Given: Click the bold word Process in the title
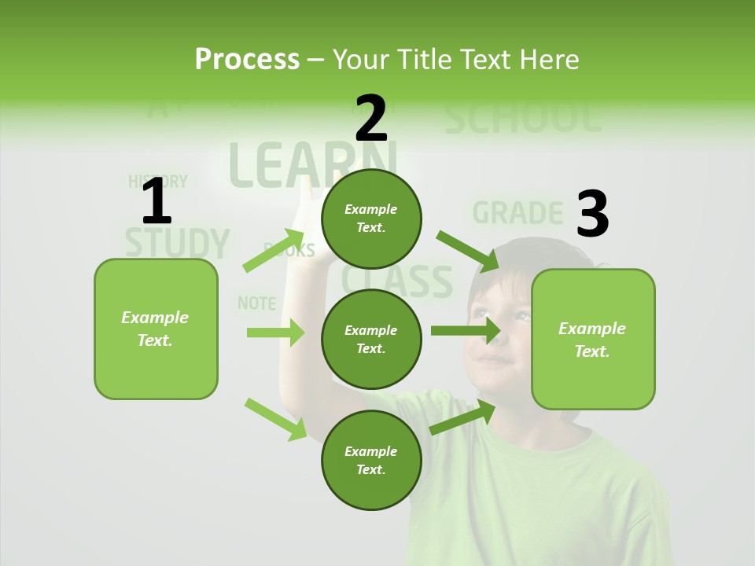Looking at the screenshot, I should pyautogui.click(x=247, y=59).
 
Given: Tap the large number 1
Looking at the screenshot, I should pyautogui.click(x=157, y=202).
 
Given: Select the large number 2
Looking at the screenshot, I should pyautogui.click(x=371, y=118).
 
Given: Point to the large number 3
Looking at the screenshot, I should pyautogui.click(x=592, y=214).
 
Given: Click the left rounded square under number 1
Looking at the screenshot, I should pyautogui.click(x=156, y=329).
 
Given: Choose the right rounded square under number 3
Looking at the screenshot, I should pyautogui.click(x=593, y=339).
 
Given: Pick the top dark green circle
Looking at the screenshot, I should pyautogui.click(x=371, y=219).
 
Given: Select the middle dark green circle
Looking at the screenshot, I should pyautogui.click(x=371, y=339).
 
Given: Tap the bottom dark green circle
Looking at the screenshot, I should pyautogui.click(x=371, y=460).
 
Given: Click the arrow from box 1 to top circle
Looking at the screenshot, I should pyautogui.click(x=274, y=251).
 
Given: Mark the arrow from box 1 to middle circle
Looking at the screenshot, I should pyautogui.click(x=275, y=333).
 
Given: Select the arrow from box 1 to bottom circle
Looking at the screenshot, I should pyautogui.click(x=275, y=418).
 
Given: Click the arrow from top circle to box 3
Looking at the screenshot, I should pyautogui.click(x=467, y=251).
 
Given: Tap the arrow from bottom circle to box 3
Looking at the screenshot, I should pyautogui.click(x=462, y=417).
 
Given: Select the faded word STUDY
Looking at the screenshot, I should pyautogui.click(x=178, y=243).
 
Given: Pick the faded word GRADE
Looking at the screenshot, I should pyautogui.click(x=517, y=213).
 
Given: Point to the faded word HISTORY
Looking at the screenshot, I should pyautogui.click(x=157, y=182).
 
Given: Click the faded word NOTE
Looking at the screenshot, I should pyautogui.click(x=256, y=303).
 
